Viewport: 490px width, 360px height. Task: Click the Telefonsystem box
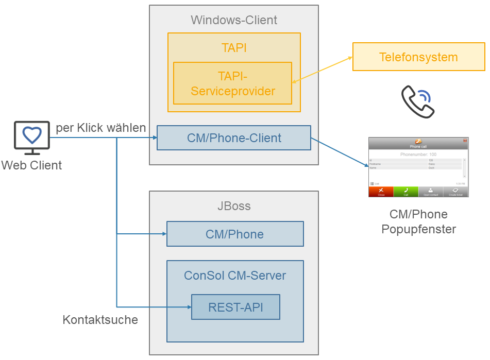(418, 57)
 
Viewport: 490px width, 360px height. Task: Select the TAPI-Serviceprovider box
(232, 83)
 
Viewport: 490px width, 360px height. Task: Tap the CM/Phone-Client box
(234, 138)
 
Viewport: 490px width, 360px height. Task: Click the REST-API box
(235, 307)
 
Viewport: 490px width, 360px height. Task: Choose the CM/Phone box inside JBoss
(235, 234)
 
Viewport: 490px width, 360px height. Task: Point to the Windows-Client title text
(234, 20)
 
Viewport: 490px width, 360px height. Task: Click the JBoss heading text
(234, 206)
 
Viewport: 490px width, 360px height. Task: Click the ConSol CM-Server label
(235, 276)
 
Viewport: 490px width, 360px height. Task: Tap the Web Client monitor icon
(32, 138)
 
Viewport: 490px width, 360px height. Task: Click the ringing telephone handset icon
(417, 102)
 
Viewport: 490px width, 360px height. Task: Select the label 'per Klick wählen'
(101, 128)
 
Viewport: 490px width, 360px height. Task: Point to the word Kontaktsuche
(100, 320)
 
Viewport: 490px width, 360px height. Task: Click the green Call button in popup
(405, 192)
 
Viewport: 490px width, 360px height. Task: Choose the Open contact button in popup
(430, 192)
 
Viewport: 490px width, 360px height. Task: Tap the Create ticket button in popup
(455, 192)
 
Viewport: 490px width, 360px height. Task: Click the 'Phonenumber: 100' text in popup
(418, 155)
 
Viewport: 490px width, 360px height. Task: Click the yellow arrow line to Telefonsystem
(323, 69)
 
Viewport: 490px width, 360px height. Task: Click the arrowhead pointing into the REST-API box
(188, 307)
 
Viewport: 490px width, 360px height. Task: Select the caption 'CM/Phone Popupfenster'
(418, 221)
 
